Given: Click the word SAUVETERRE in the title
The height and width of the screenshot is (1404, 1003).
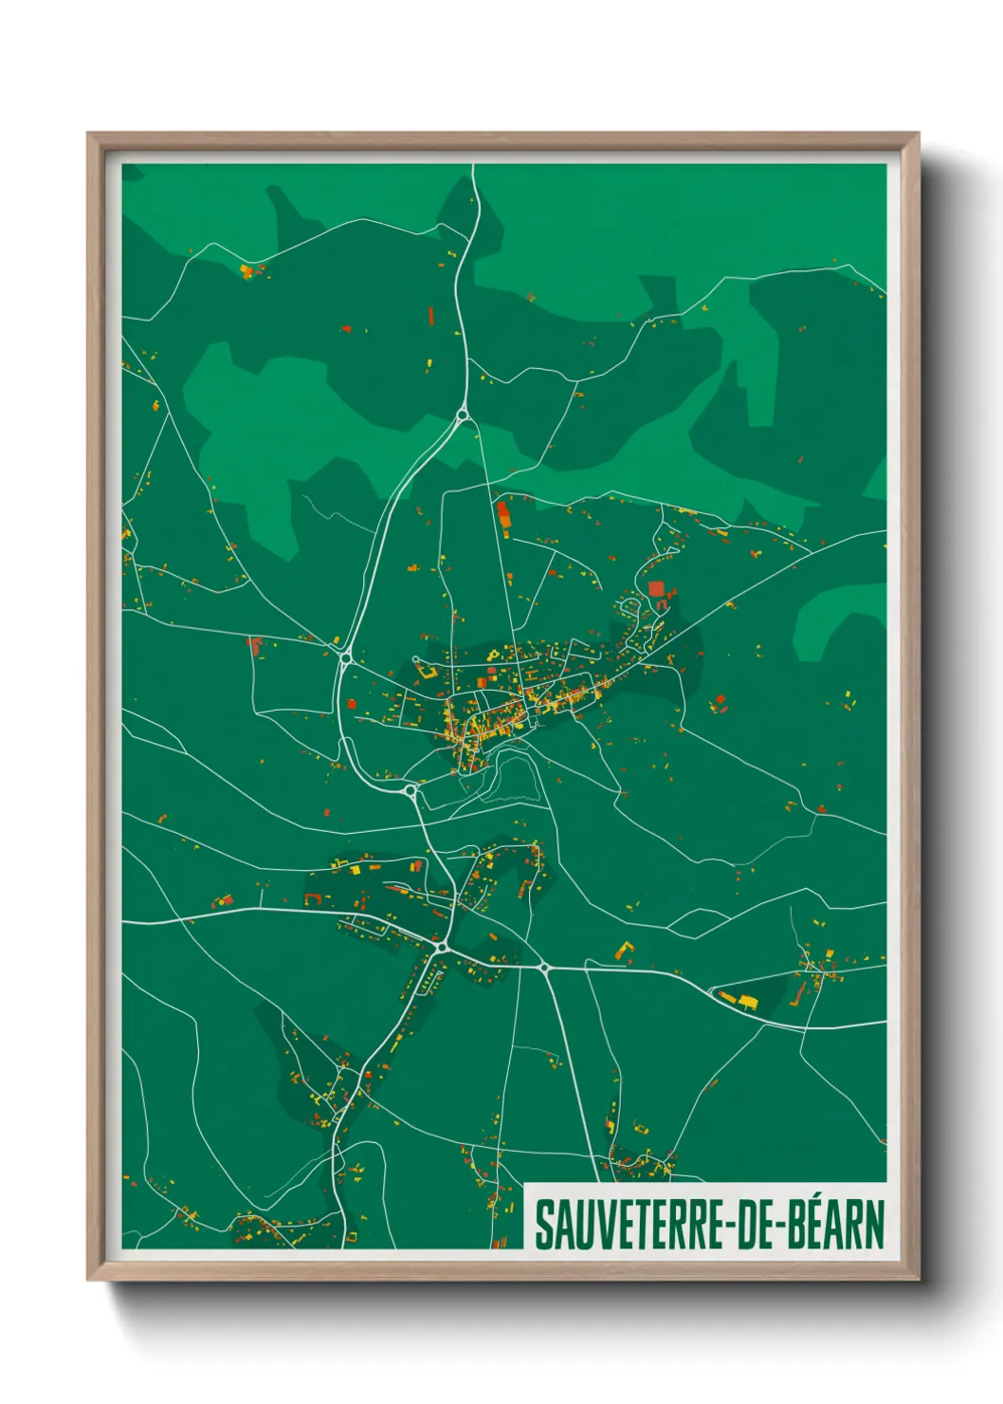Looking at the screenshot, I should (x=620, y=1225).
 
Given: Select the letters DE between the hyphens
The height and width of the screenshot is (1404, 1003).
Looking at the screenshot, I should (x=741, y=1225).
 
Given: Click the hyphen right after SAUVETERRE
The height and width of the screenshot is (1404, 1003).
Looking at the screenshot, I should (x=713, y=1227).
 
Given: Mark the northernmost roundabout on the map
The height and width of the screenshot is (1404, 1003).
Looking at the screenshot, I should (x=463, y=415).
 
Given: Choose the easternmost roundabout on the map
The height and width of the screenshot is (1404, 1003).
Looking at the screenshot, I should (x=544, y=968).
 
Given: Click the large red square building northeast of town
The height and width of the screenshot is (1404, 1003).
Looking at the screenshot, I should (x=656, y=589).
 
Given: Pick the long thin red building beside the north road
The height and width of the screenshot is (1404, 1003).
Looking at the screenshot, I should (x=430, y=315).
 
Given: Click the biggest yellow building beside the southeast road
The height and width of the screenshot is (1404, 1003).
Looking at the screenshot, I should (x=748, y=1001).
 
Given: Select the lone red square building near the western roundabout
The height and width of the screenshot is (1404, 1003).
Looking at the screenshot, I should (x=352, y=703).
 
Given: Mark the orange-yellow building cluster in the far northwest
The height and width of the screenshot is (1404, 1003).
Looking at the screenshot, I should (x=248, y=272).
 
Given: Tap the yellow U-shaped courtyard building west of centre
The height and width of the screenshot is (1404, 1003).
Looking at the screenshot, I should (x=425, y=670).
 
